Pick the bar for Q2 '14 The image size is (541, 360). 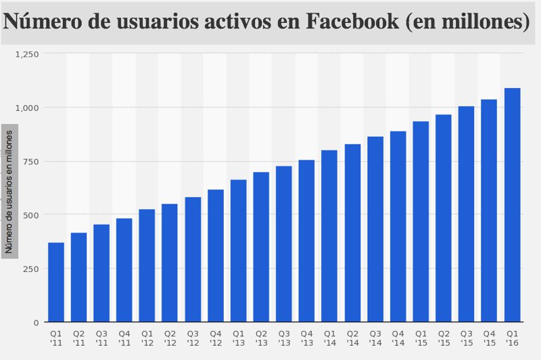(352, 233)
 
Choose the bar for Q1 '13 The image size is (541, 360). (239, 251)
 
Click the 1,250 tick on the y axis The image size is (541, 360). (28, 53)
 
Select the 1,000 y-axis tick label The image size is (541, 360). (28, 108)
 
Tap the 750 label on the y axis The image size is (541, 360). (31, 161)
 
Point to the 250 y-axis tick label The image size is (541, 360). (31, 269)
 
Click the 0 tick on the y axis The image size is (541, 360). (37, 322)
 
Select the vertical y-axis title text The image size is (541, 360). (9, 190)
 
